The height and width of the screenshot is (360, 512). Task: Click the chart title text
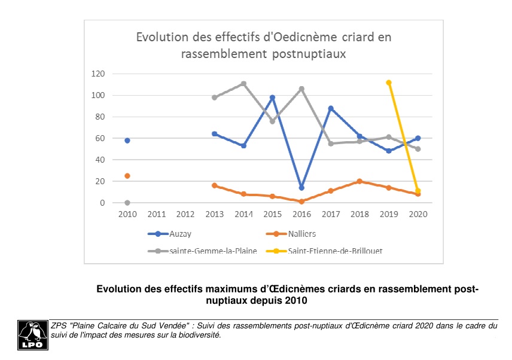pos(264,45)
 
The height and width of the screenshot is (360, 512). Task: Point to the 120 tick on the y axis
pos(97,74)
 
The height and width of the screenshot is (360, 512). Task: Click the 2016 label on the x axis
pos(301,214)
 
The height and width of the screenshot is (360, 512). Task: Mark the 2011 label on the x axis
pos(156,214)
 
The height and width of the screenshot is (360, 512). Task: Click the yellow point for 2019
pos(389,83)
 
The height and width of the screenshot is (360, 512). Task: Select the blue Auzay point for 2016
pos(301,188)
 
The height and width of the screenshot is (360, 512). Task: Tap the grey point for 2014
pos(243,84)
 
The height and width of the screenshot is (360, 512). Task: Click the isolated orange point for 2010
pos(127,176)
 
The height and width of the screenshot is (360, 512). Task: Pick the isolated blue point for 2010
pos(127,141)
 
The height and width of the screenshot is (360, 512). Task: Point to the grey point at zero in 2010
pos(127,203)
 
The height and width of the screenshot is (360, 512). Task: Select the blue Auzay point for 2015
pos(272,97)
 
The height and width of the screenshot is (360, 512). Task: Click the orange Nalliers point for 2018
pos(359,181)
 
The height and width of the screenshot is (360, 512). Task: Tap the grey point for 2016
pos(301,89)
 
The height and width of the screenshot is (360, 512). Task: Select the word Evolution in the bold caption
pos(120,289)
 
